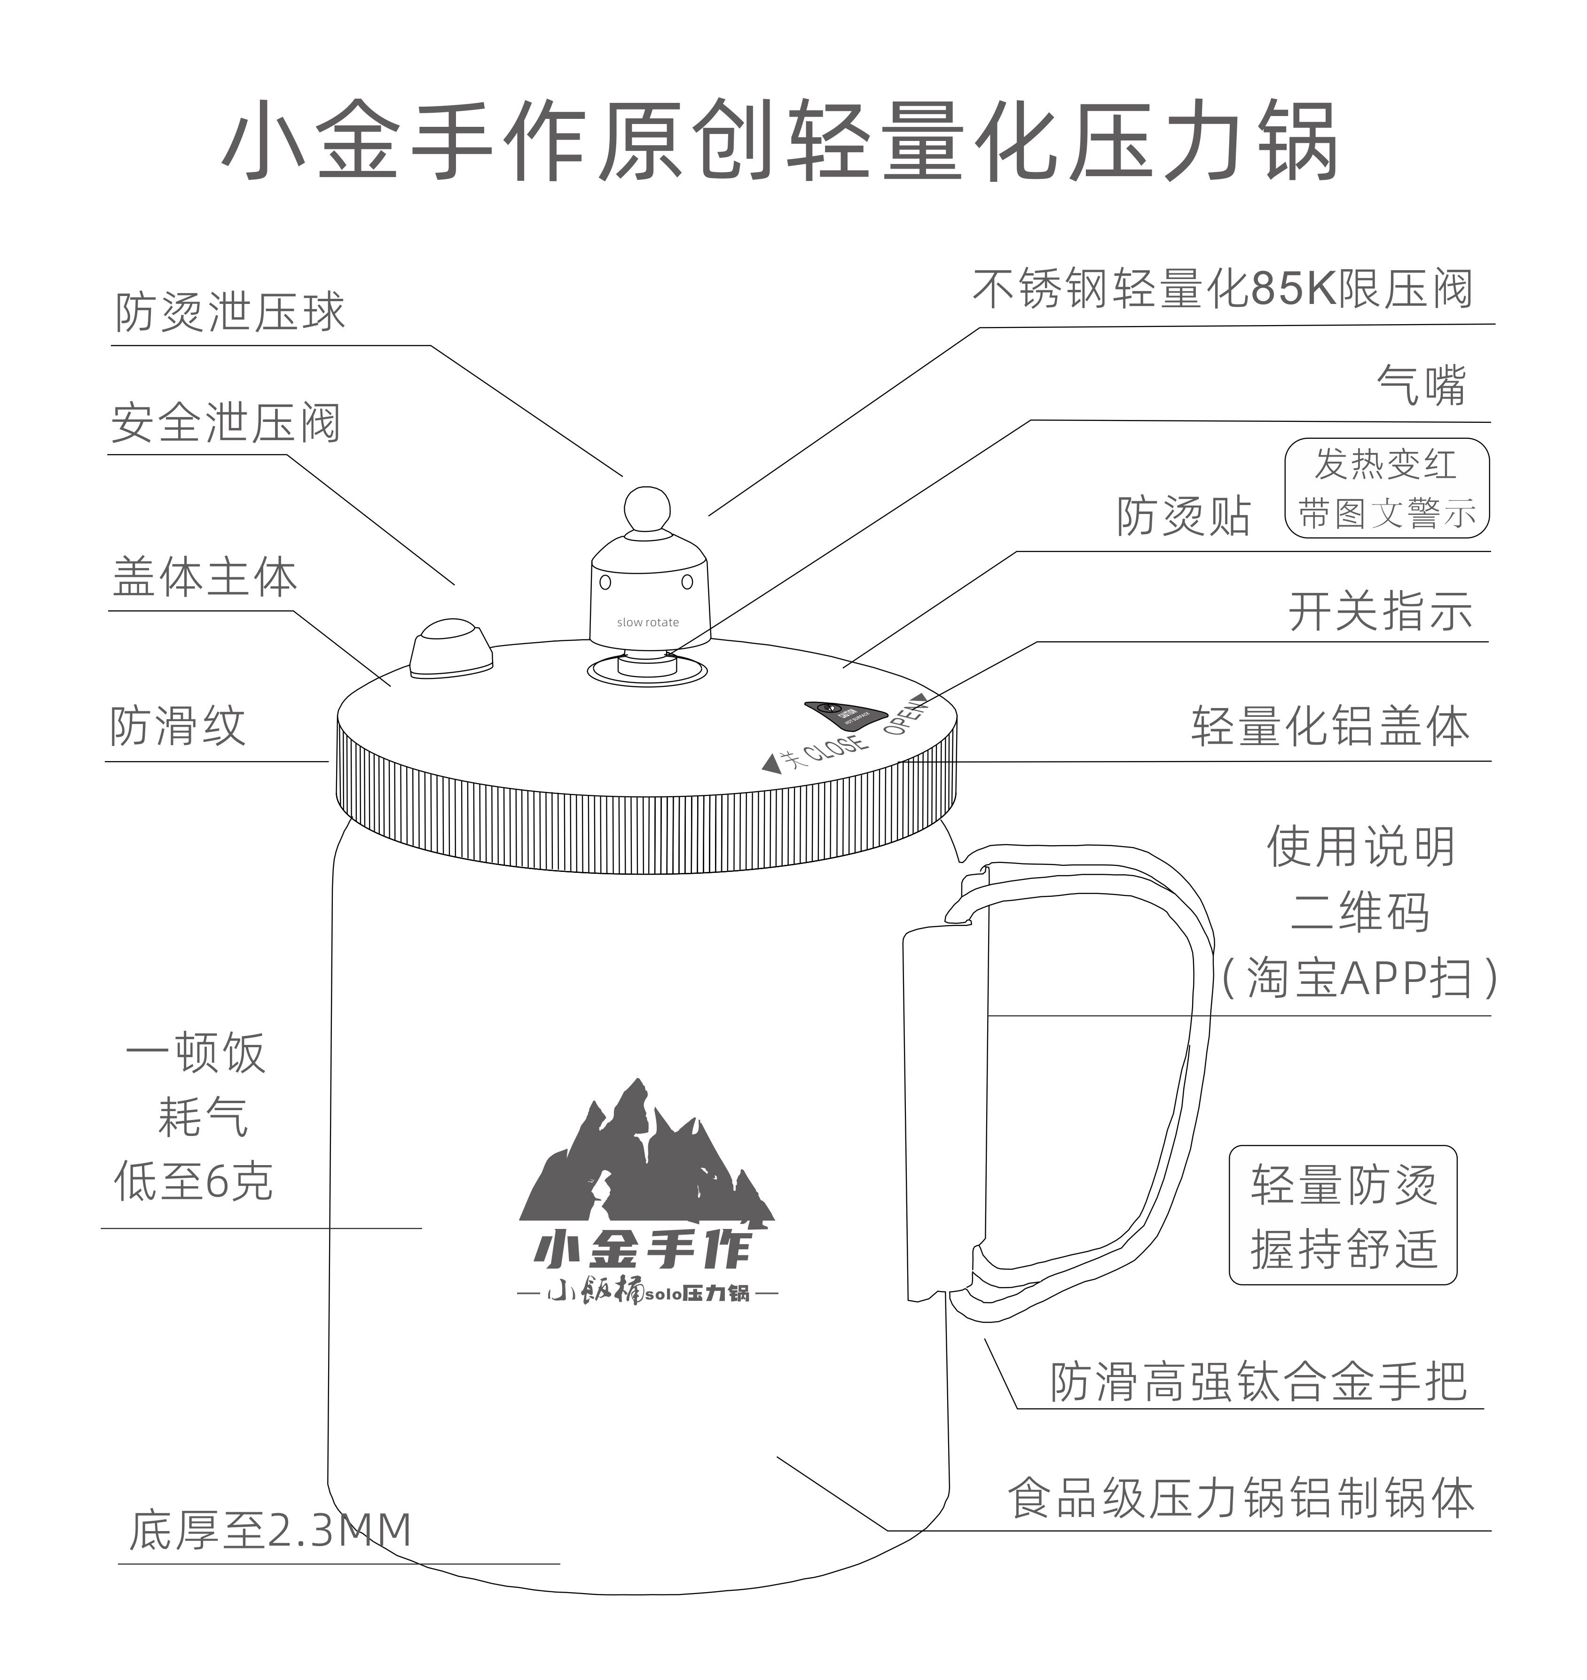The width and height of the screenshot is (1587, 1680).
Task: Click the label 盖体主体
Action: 204,577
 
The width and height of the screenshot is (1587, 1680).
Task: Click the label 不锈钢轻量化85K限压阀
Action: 1222,289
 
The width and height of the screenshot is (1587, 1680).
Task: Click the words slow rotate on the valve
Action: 647,622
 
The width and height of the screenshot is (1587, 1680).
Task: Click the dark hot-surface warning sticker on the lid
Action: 843,716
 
